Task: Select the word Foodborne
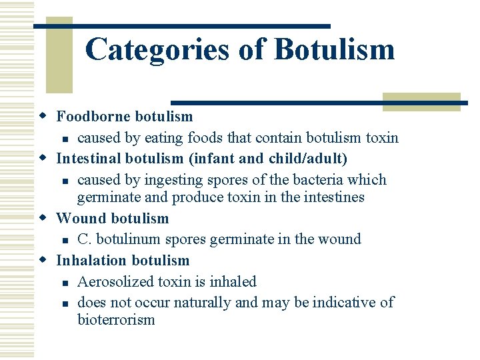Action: coord(93,117)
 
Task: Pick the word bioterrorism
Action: coord(116,319)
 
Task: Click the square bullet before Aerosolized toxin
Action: coord(64,283)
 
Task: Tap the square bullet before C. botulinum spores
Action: coord(64,239)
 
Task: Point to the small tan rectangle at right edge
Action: coord(421,101)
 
